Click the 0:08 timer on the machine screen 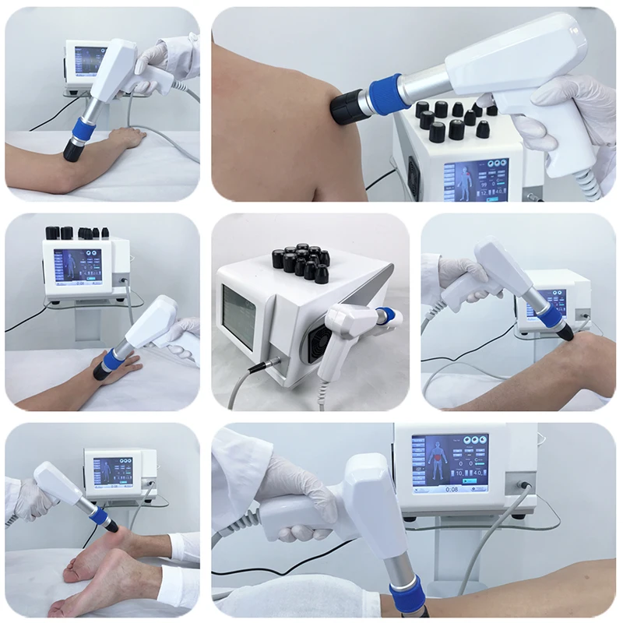450,490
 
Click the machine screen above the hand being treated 77,265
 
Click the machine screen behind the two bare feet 113,473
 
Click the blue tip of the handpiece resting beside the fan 384,315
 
